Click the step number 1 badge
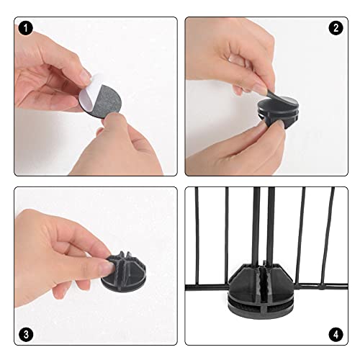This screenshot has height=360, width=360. click(25, 28)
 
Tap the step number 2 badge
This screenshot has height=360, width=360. click(336, 28)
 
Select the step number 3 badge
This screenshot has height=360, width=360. click(25, 335)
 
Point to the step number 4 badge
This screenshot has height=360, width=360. click(336, 335)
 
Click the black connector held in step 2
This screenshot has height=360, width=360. click(279, 113)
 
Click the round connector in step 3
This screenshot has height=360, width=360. click(124, 271)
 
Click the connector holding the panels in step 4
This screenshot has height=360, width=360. click(261, 291)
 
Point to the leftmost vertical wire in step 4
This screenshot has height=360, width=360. click(197, 235)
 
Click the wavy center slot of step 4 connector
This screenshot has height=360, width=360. click(262, 281)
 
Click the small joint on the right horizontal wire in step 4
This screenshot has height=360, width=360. click(320, 286)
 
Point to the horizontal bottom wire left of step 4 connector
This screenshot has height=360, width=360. click(207, 287)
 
